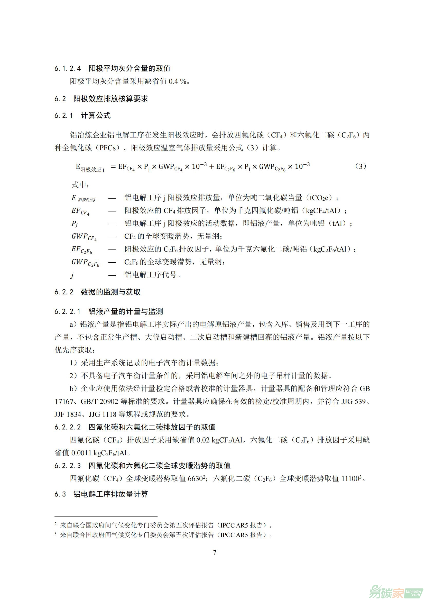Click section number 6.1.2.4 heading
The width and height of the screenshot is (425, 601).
click(68, 69)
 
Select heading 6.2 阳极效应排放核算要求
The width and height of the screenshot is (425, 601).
click(101, 99)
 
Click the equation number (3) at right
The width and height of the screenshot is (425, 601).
click(361, 166)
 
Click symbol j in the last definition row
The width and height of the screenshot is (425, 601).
click(72, 275)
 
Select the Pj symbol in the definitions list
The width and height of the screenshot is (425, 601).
click(75, 224)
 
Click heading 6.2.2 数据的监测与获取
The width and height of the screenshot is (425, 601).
click(97, 292)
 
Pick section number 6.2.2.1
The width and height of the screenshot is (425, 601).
click(67, 311)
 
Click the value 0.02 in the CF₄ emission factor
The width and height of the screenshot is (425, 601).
click(203, 440)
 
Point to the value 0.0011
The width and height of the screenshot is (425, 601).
click(81, 453)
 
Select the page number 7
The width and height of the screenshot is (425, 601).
click(215, 552)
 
